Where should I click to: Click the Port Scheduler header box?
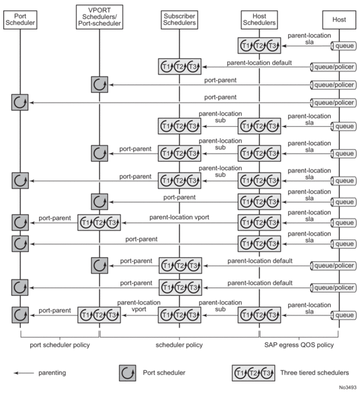coord(20,20)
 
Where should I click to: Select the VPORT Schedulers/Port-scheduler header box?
coord(99,17)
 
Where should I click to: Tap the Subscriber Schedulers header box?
coord(179,20)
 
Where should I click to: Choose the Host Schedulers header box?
coord(259,20)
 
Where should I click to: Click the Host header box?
coord(339,20)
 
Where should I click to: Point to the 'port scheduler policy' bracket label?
coord(60,345)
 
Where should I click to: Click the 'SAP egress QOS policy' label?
coord(299,345)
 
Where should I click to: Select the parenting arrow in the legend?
coord(24,373)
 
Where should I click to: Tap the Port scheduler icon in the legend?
coord(128,373)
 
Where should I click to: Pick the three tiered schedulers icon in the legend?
coord(253,373)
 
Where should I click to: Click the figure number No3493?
coord(348,387)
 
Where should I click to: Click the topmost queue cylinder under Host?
coord(344,46)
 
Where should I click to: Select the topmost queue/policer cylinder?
coord(333,67)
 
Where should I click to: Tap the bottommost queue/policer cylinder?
coord(333,288)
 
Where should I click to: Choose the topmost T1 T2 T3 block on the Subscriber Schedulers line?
coord(179,67)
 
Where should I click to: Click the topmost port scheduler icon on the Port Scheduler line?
coord(20,102)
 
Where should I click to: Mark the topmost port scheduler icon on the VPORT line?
coord(99,84)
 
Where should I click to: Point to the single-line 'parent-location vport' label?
coord(179,217)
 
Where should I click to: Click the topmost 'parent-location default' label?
coord(259,63)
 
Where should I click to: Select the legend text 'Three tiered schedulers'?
coord(315,372)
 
